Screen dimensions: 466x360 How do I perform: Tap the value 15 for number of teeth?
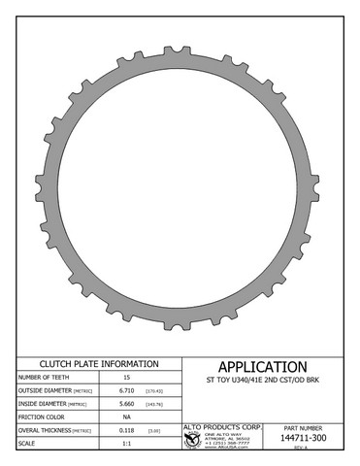(x=126, y=377)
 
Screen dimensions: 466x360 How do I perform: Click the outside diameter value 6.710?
(x=126, y=390)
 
